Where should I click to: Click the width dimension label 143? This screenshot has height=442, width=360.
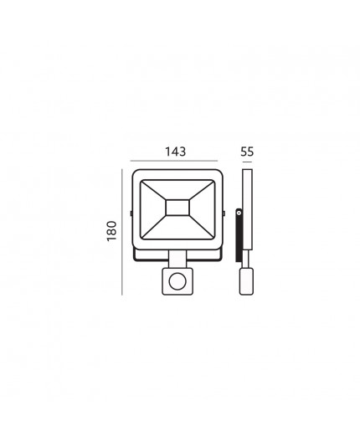[175, 152]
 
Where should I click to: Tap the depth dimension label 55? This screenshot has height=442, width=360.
[247, 152]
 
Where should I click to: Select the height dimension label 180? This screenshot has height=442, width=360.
[112, 231]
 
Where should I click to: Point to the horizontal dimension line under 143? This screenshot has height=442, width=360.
[174, 161]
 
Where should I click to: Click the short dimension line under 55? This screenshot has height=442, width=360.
[247, 162]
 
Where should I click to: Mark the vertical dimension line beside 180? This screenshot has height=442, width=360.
[122, 232]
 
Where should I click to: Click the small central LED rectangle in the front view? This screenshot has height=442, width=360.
[177, 208]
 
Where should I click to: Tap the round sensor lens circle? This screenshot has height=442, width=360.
[177, 281]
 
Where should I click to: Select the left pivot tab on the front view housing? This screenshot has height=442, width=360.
[131, 213]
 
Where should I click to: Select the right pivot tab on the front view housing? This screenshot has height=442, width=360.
[224, 213]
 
